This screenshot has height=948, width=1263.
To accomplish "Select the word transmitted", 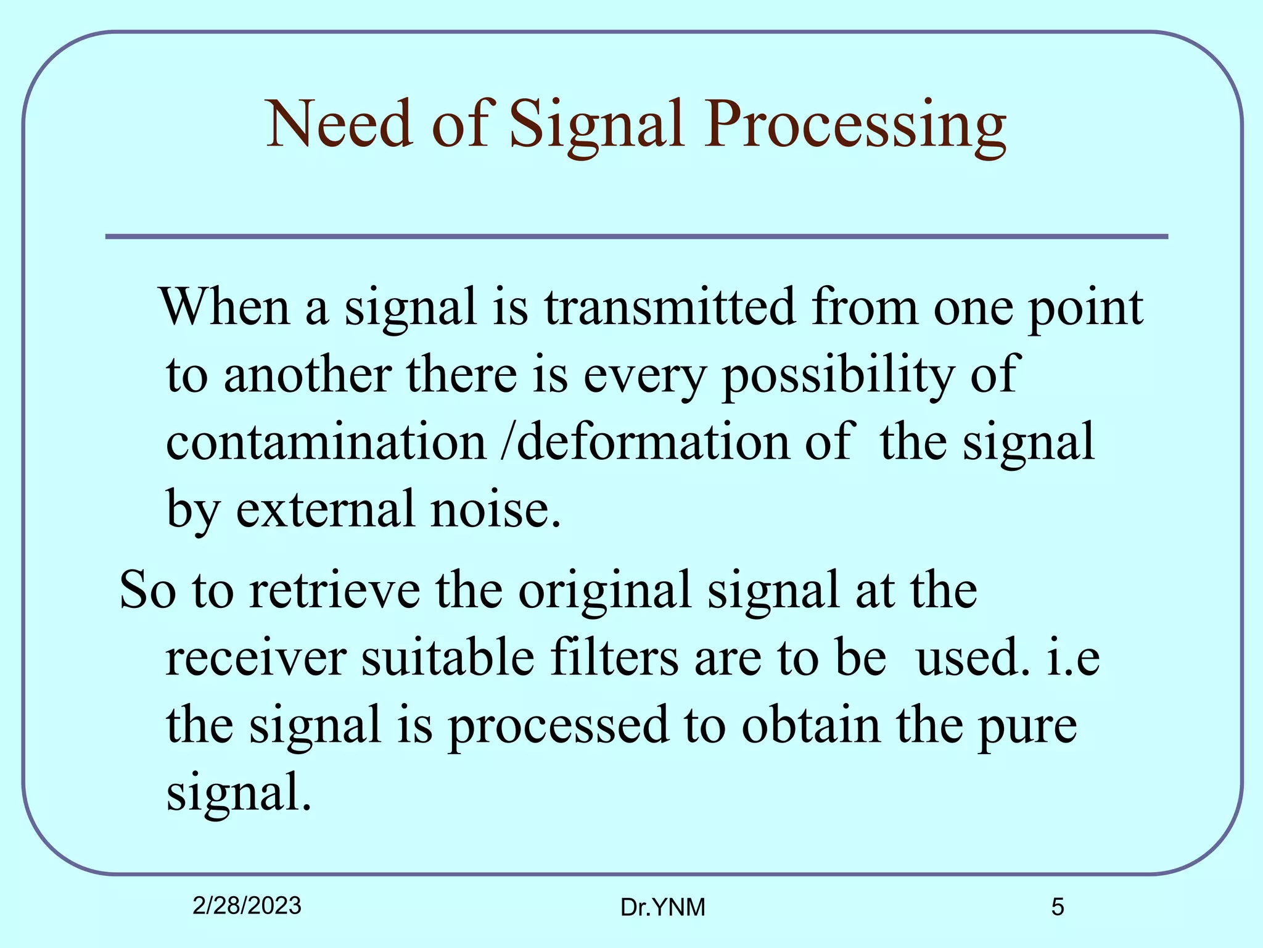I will pyautogui.click(x=669, y=307).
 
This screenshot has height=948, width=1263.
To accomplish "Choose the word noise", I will pyautogui.click(x=495, y=509).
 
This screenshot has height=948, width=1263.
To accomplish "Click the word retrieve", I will pyautogui.click(x=335, y=590).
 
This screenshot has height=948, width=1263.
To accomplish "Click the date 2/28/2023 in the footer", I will pyautogui.click(x=247, y=905).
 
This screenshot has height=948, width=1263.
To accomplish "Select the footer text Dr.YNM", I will pyautogui.click(x=662, y=907).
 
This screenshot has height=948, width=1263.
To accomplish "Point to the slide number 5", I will pyautogui.click(x=1057, y=907).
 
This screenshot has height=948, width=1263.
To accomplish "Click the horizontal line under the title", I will pyautogui.click(x=636, y=236).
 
